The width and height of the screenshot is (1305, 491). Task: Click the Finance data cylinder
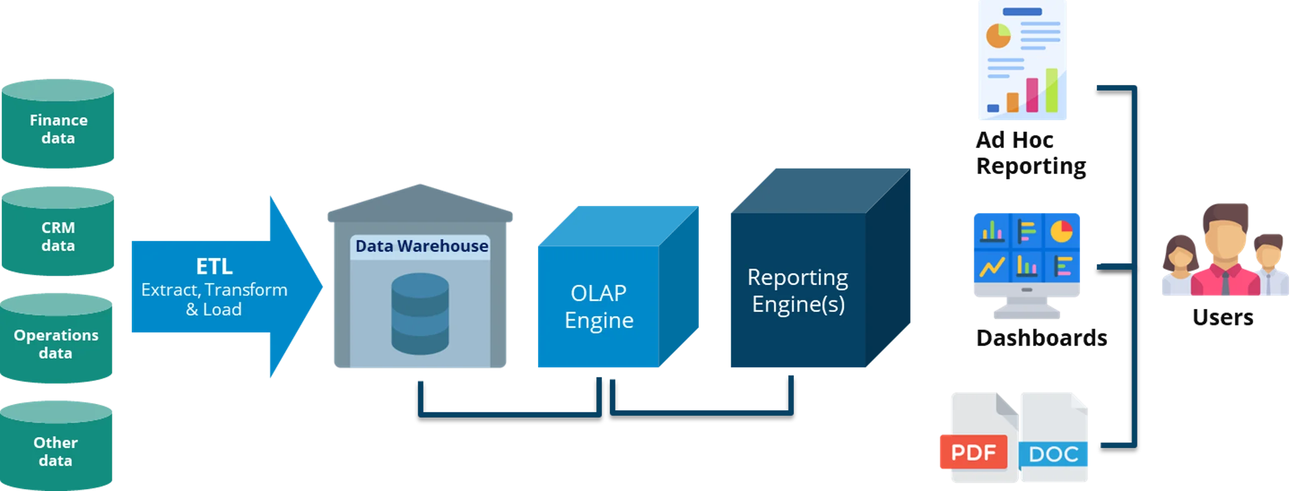tap(58, 128)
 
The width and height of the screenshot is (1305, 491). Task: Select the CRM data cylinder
tap(58, 236)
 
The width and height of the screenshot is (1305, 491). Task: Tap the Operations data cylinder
tap(56, 343)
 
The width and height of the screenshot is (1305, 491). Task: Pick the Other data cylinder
tap(56, 450)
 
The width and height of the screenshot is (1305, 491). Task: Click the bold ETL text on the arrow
tap(214, 267)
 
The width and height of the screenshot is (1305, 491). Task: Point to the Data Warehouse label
tap(421, 246)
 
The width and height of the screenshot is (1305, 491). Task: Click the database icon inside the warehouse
tap(420, 314)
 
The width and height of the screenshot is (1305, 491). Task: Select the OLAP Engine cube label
tap(599, 306)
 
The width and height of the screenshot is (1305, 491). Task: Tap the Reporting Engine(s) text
tap(797, 290)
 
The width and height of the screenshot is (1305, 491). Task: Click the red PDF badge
tap(972, 452)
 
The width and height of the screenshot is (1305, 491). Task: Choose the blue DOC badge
tap(1054, 454)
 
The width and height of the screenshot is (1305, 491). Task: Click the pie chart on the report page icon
tap(998, 36)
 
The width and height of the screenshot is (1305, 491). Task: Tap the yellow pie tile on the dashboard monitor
tap(1061, 232)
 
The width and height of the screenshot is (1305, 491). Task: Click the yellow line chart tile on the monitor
tap(992, 267)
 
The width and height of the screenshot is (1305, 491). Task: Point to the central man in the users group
tap(1224, 250)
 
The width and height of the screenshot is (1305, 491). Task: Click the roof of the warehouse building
tap(420, 203)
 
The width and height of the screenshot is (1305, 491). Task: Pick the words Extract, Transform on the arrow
tap(214, 290)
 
